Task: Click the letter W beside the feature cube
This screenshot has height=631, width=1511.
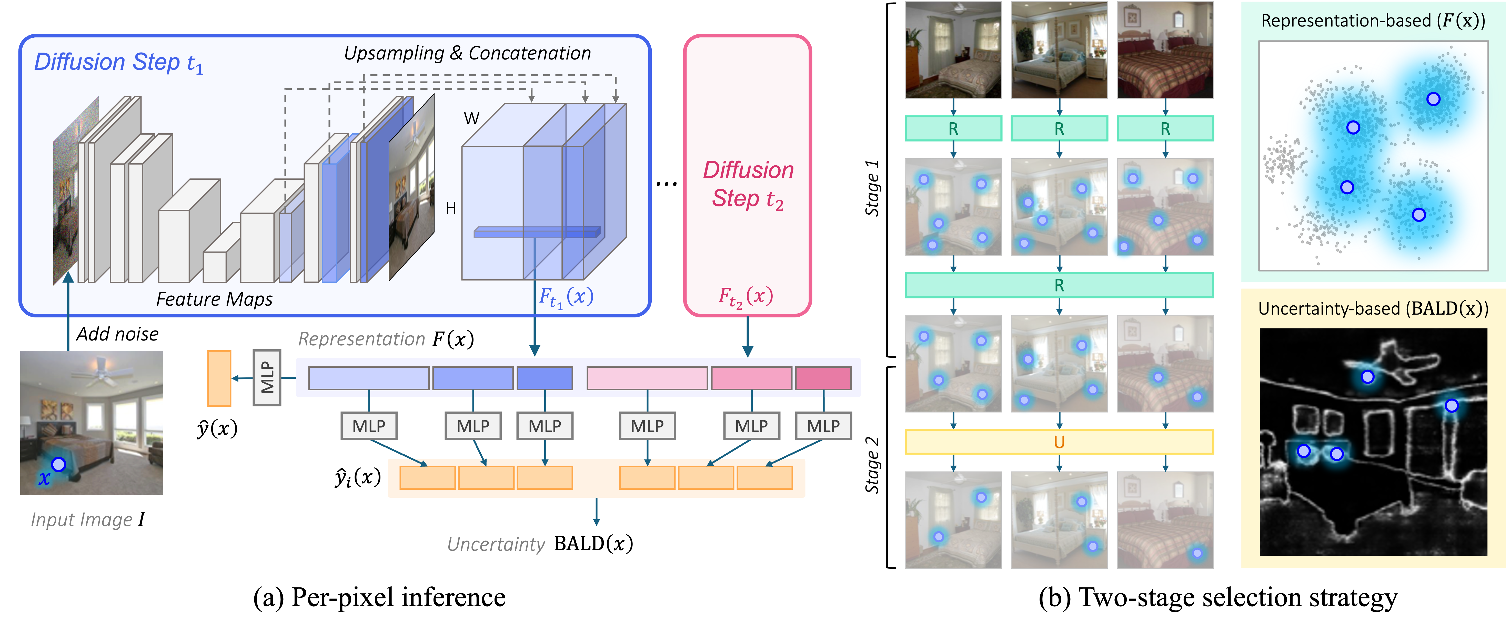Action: (x=472, y=118)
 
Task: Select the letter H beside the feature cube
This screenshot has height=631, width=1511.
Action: (x=450, y=208)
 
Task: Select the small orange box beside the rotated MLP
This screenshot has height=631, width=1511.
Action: (x=219, y=378)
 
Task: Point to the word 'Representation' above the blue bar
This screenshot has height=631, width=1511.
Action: (x=361, y=339)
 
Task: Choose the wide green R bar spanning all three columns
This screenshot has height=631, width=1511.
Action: (x=1059, y=286)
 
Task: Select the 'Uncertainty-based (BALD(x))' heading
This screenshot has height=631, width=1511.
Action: (x=1373, y=308)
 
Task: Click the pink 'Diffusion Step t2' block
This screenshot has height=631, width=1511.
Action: (x=747, y=176)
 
